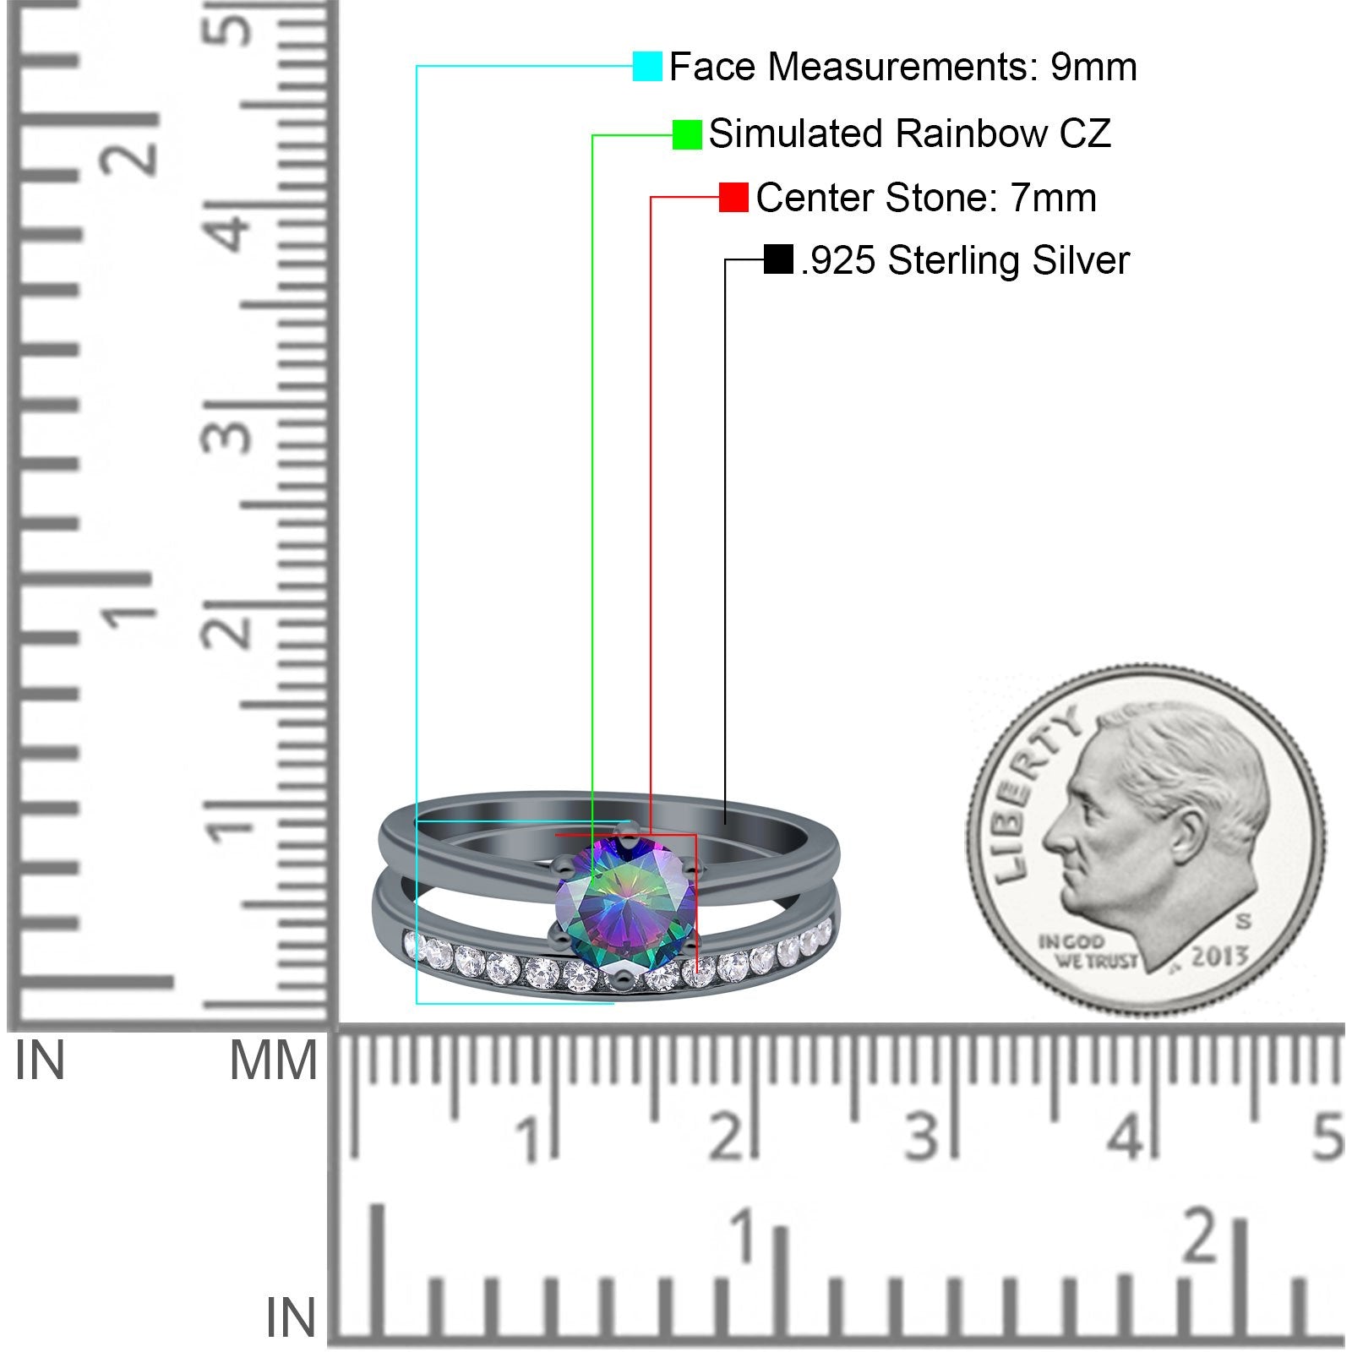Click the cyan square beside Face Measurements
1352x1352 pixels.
(648, 66)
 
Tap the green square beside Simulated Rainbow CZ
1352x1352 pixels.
(687, 134)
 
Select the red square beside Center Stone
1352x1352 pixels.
(733, 198)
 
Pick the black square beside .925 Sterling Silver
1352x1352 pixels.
(778, 259)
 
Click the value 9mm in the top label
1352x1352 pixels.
(1094, 67)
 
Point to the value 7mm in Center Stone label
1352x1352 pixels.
(1054, 199)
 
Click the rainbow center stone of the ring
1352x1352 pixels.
(625, 902)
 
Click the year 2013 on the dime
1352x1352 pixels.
(1220, 957)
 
